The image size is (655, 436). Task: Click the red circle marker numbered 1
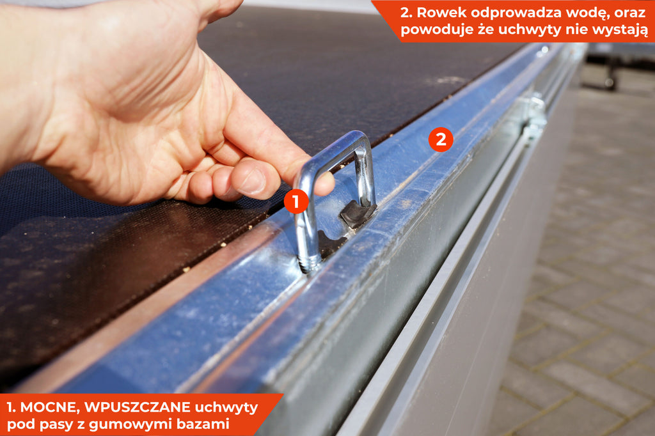296,201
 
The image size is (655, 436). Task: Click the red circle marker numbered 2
441,139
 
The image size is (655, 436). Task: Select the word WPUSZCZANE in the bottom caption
138,407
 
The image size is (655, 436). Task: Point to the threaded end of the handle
309,264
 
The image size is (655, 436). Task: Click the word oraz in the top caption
630,13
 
